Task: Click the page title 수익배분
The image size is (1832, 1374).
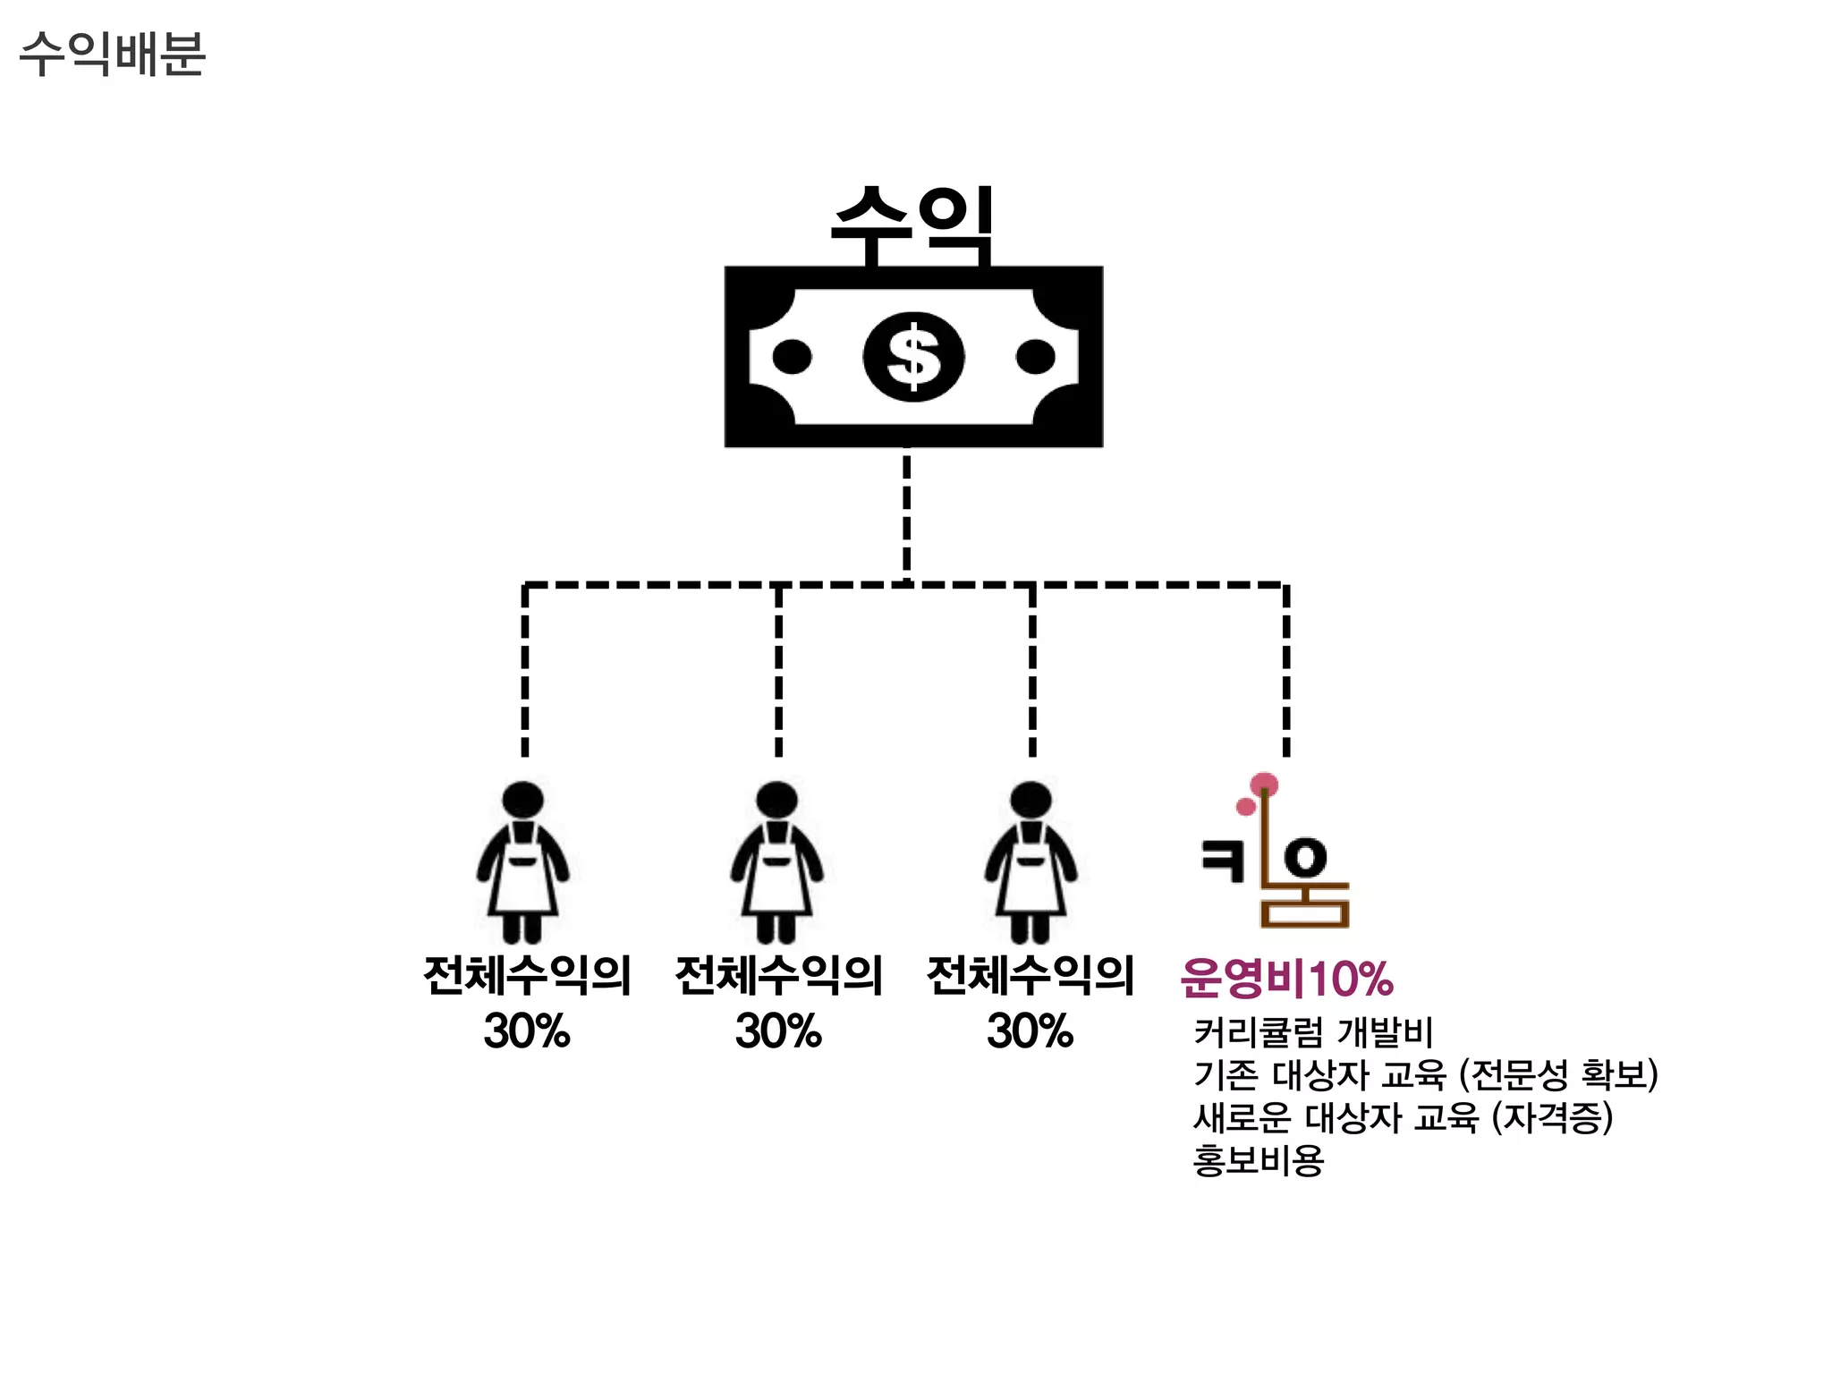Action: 113,54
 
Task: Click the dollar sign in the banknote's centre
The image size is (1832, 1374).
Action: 913,356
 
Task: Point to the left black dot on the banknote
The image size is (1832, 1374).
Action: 792,356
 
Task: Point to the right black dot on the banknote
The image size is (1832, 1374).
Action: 1035,356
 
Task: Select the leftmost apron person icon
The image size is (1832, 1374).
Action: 523,863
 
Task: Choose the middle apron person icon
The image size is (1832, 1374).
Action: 776,863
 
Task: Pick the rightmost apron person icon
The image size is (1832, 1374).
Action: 1030,863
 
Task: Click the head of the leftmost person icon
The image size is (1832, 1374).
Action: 523,799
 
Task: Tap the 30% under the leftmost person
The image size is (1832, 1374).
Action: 527,1030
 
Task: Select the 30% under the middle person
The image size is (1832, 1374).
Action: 778,1030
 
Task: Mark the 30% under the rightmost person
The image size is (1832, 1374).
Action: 1030,1030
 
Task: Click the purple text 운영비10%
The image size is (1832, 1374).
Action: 1286,978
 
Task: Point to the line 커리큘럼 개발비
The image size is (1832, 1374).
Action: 1313,1032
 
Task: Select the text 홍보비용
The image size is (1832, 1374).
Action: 1258,1160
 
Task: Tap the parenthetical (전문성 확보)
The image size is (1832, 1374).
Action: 1558,1074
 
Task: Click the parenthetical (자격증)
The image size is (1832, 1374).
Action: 1552,1117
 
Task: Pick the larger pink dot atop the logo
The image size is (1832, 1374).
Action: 1264,785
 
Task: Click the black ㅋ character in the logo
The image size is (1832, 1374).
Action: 1223,861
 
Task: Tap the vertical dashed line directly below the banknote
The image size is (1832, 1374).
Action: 907,514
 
